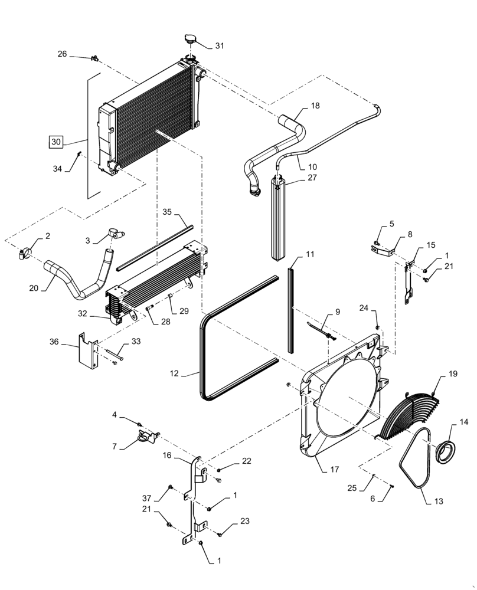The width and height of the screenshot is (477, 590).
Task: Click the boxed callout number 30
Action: pos(55,142)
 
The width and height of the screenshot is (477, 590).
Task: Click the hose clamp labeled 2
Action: pos(24,254)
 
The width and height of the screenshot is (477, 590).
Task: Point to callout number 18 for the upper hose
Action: pos(315,106)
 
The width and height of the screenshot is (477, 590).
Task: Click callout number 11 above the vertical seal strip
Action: pos(310,255)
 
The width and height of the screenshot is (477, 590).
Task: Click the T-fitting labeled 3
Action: pos(113,235)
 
